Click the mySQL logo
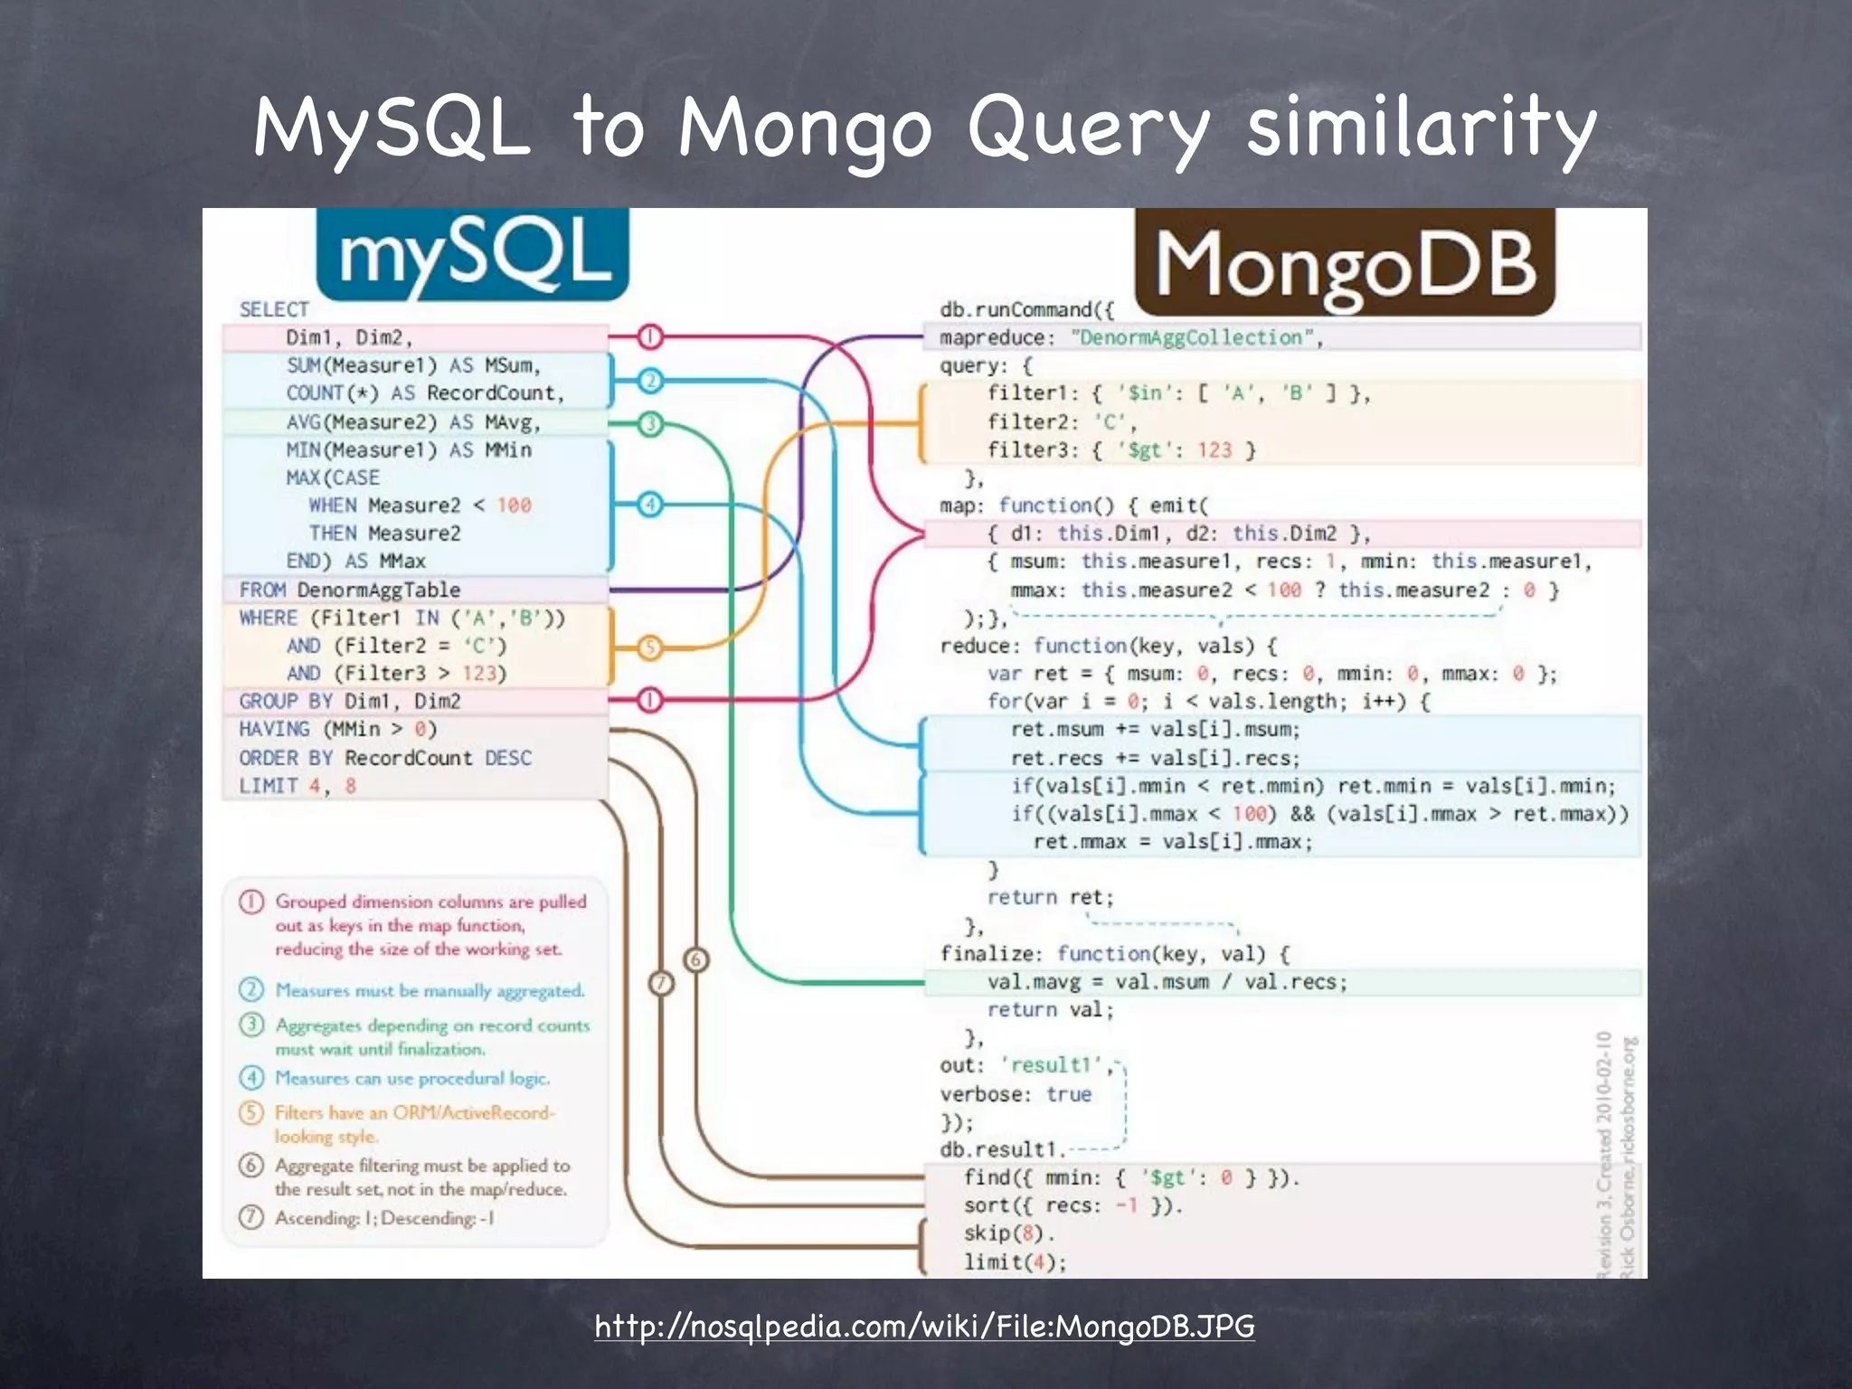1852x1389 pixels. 472,254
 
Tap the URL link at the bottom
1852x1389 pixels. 924,1326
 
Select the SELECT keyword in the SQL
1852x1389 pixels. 274,309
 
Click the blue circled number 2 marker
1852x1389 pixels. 650,381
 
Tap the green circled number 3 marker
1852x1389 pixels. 650,423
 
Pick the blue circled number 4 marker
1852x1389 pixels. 650,505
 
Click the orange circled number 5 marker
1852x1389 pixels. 650,647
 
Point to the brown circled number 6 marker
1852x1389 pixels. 695,959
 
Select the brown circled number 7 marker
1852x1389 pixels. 662,982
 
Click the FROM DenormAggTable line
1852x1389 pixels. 350,590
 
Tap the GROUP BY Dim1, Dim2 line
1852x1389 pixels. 350,701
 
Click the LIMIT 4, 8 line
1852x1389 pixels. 298,786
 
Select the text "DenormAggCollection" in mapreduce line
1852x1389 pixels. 1193,337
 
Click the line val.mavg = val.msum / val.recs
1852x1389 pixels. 1167,982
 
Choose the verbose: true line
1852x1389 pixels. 1016,1094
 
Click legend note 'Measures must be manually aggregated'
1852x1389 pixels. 430,990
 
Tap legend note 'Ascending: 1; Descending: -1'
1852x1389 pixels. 384,1218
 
